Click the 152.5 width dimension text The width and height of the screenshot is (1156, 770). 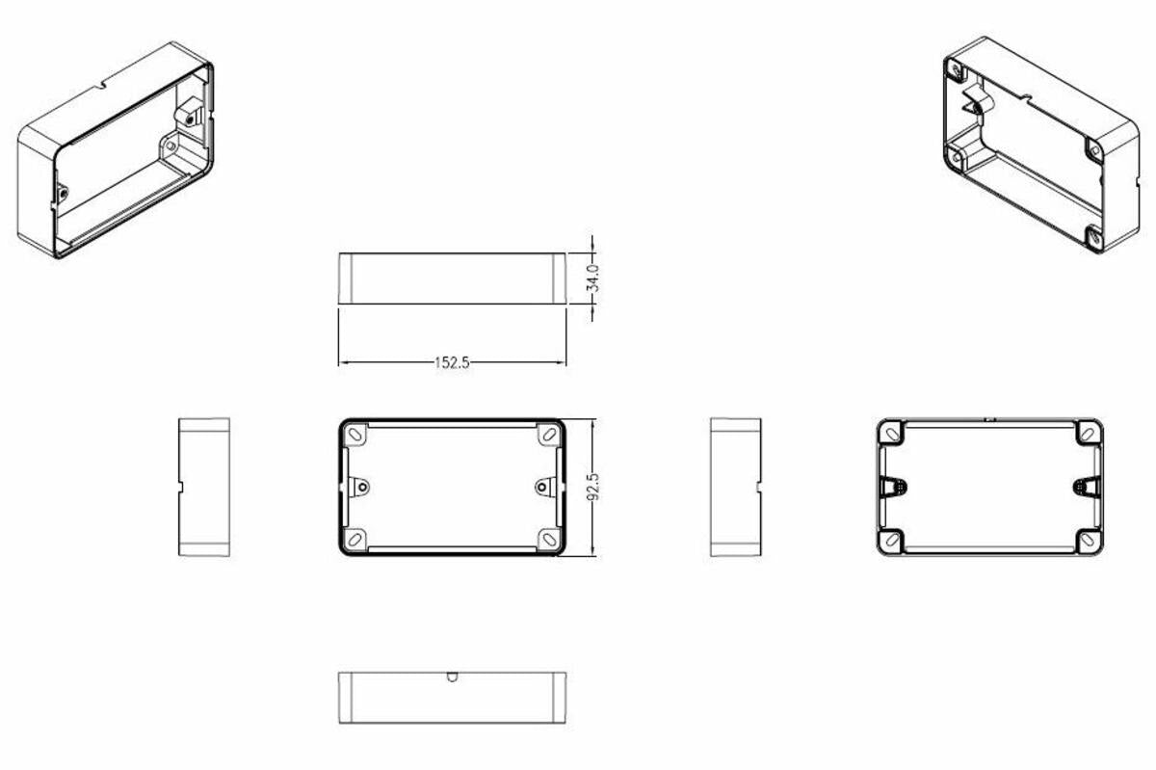click(452, 364)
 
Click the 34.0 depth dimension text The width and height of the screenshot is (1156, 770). click(593, 279)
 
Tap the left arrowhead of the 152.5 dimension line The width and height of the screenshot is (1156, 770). click(342, 363)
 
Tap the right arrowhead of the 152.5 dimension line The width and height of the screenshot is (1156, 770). click(562, 363)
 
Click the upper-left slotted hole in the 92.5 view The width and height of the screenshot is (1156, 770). click(355, 436)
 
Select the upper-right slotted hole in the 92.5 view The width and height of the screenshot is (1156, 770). click(548, 436)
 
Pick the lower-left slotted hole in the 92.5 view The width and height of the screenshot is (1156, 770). click(355, 538)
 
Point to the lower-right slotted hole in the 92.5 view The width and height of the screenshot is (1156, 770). click(548, 538)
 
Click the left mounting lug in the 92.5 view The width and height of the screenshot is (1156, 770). click(362, 486)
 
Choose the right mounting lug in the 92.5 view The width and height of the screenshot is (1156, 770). click(542, 486)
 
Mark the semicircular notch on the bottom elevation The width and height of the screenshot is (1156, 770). click(452, 677)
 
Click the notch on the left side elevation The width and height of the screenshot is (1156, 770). click(180, 487)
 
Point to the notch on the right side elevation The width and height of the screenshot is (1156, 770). click(759, 487)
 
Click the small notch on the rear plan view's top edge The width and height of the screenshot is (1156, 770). click(989, 419)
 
